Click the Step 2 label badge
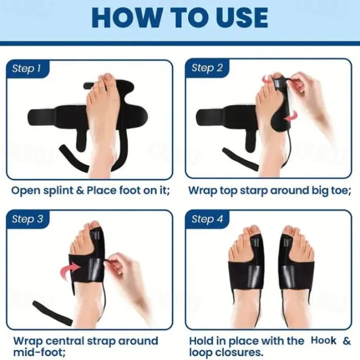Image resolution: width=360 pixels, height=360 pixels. [x=207, y=68]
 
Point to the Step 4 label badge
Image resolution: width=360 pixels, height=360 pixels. [x=207, y=220]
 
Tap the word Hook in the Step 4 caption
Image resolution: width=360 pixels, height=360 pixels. [x=323, y=341]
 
